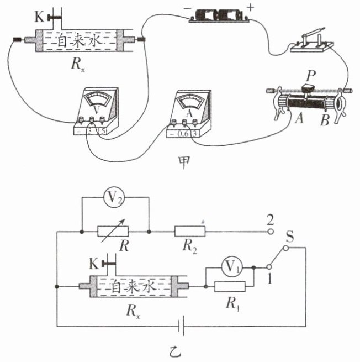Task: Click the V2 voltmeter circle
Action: [x=114, y=198]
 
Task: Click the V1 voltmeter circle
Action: [x=231, y=267]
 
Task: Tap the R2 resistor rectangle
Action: [x=190, y=232]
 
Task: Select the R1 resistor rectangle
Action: [x=230, y=286]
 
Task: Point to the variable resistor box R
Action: [x=113, y=232]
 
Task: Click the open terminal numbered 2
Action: [x=271, y=232]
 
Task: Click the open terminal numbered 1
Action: [x=269, y=267]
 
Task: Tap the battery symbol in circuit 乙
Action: [x=182, y=326]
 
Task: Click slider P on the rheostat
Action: [x=308, y=89]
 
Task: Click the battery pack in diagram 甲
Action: [x=219, y=15]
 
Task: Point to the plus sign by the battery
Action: [x=250, y=8]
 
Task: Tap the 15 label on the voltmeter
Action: [x=102, y=131]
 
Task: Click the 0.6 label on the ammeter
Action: [x=183, y=134]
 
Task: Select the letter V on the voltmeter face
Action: [x=97, y=111]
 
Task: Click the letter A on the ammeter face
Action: [x=189, y=113]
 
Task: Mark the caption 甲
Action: [x=184, y=162]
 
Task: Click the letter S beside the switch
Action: [x=290, y=237]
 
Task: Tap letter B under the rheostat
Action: [x=325, y=120]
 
